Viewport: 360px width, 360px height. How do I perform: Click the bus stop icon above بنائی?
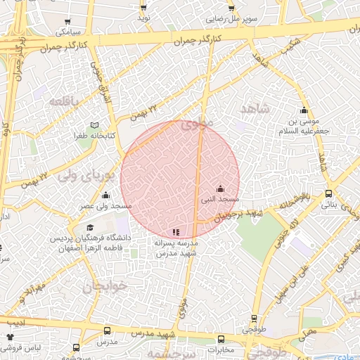tap(329, 194)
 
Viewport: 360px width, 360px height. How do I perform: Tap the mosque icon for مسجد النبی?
tap(220, 188)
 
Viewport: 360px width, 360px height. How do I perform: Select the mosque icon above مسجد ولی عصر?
tap(106, 195)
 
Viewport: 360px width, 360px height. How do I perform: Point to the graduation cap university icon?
tap(90, 228)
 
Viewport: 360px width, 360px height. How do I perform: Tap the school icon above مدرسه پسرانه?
tap(176, 231)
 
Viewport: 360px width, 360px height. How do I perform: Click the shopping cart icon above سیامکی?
tap(64, 21)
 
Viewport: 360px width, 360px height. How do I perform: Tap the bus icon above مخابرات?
tap(221, 337)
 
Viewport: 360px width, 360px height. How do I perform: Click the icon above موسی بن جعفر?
tap(304, 110)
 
